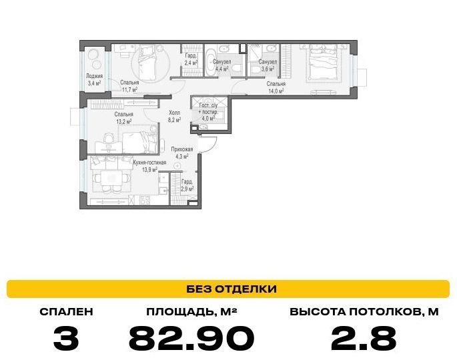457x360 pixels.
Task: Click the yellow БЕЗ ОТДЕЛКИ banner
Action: pos(228,289)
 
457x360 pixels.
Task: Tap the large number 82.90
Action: pos(191,338)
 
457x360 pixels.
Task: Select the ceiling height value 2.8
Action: pos(364,338)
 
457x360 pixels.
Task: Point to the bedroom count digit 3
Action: pos(66,338)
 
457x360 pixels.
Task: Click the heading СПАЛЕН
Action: pos(66,311)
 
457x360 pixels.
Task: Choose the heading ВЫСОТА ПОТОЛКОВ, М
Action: pos(364,311)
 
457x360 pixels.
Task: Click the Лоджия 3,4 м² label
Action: pos(94,79)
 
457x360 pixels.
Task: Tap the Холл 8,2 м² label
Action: pos(174,115)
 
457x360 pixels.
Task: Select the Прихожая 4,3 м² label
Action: pos(182,153)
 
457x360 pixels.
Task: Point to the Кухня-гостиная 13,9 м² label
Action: pos(149,166)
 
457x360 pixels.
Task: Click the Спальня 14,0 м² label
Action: pos(276,87)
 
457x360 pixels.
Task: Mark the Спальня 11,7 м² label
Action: pos(129,86)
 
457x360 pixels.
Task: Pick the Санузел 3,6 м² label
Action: pos(268,65)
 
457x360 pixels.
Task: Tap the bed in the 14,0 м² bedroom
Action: pos(322,62)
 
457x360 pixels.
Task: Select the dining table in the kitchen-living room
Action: pos(111,178)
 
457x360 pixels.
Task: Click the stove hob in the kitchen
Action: pos(145,201)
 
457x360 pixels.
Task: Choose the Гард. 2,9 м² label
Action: pos(187,185)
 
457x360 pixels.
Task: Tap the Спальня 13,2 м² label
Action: pos(123,118)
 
